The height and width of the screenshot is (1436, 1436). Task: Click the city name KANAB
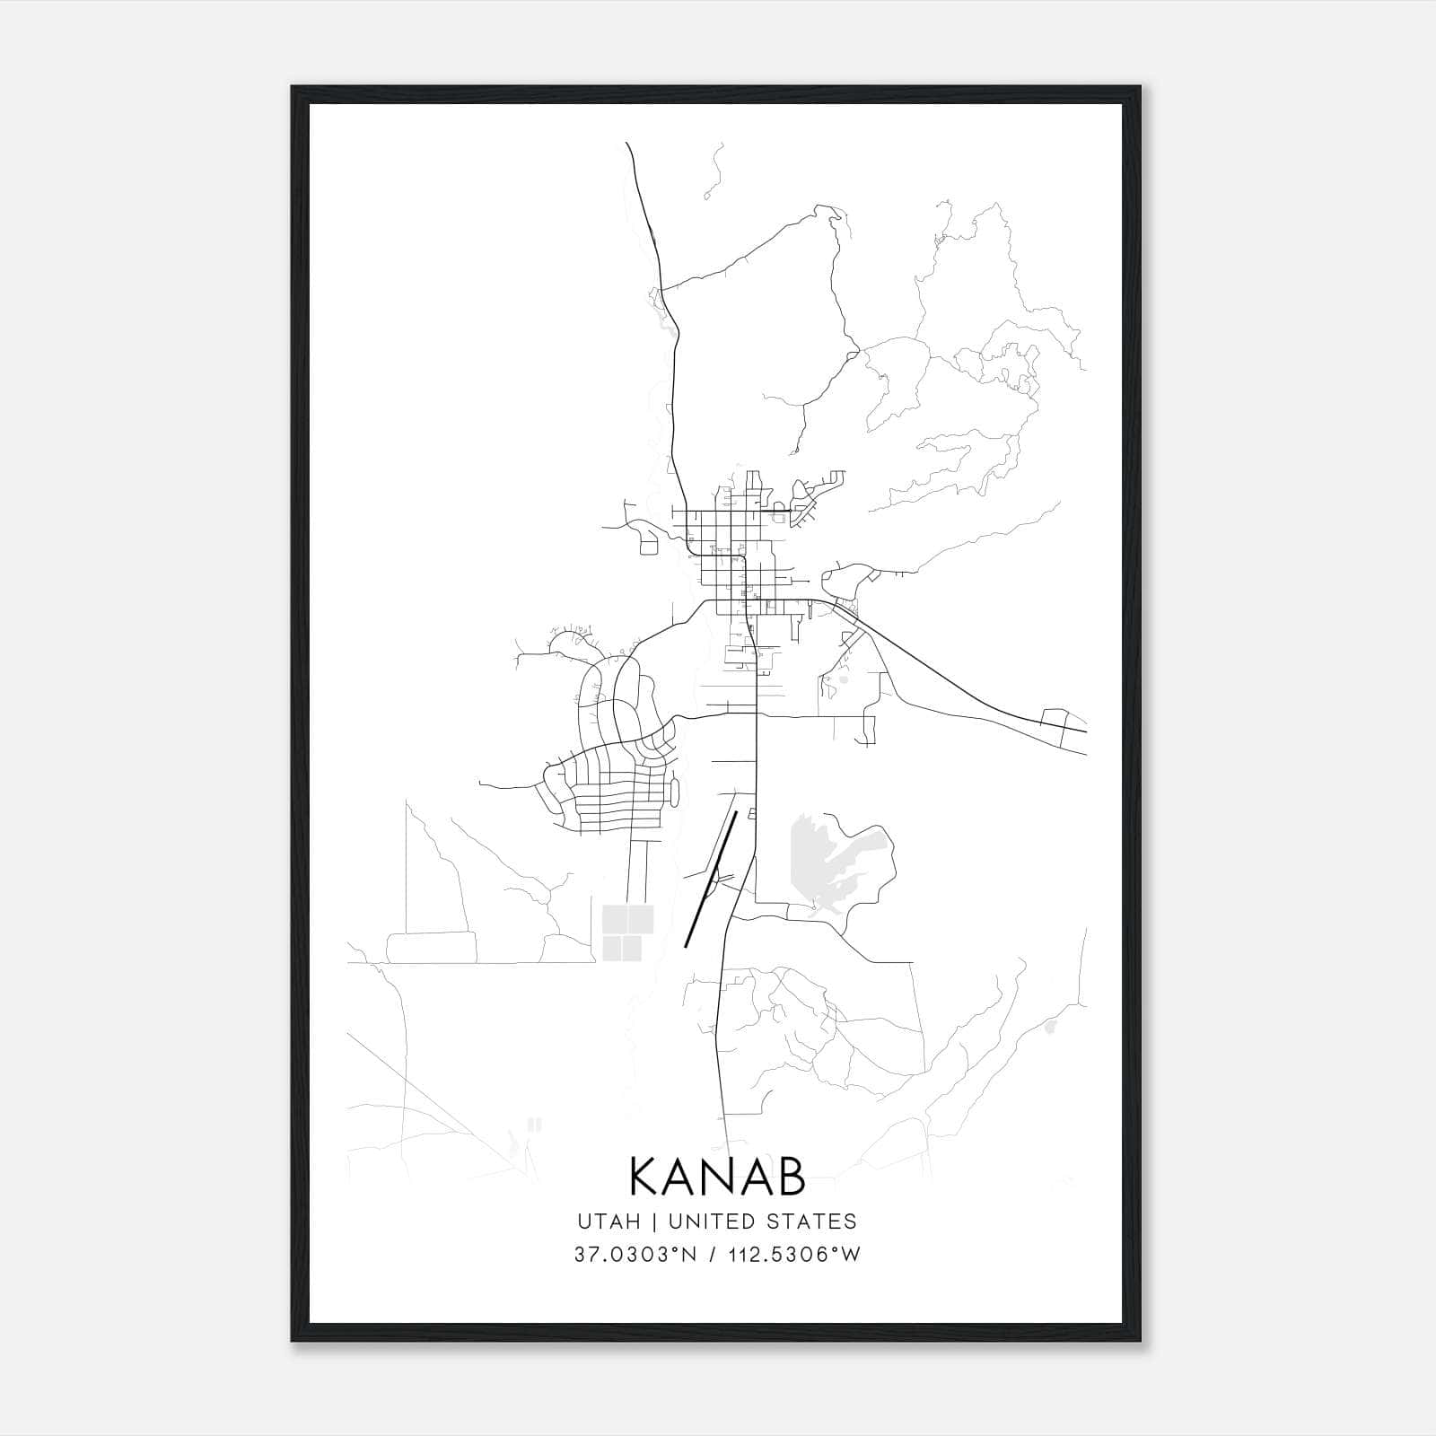pyautogui.click(x=717, y=1178)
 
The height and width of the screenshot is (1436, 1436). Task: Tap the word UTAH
pyautogui.click(x=609, y=1221)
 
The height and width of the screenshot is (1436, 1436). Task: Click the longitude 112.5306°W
pyautogui.click(x=792, y=1255)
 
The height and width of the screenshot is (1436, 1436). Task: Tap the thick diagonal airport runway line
pyautogui.click(x=711, y=879)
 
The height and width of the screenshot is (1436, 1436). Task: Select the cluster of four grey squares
pyautogui.click(x=627, y=932)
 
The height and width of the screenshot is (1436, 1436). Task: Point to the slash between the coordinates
pyautogui.click(x=714, y=1255)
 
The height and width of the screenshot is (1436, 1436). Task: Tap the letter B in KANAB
pyautogui.click(x=791, y=1178)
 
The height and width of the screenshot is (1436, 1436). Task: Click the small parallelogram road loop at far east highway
pyautogui.click(x=1055, y=723)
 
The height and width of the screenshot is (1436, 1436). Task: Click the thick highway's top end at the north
pyautogui.click(x=627, y=144)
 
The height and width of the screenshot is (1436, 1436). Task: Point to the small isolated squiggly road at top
pyautogui.click(x=714, y=171)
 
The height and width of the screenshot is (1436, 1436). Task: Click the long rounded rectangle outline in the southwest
pyautogui.click(x=431, y=947)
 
